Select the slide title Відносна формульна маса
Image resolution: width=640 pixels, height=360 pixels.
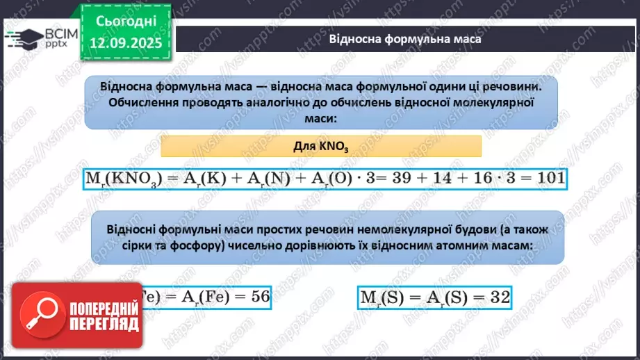point(405,39)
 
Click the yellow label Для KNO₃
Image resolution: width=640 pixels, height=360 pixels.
point(321,146)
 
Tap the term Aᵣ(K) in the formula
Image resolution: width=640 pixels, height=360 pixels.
point(202,178)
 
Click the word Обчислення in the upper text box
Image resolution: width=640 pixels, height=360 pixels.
point(142,103)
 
